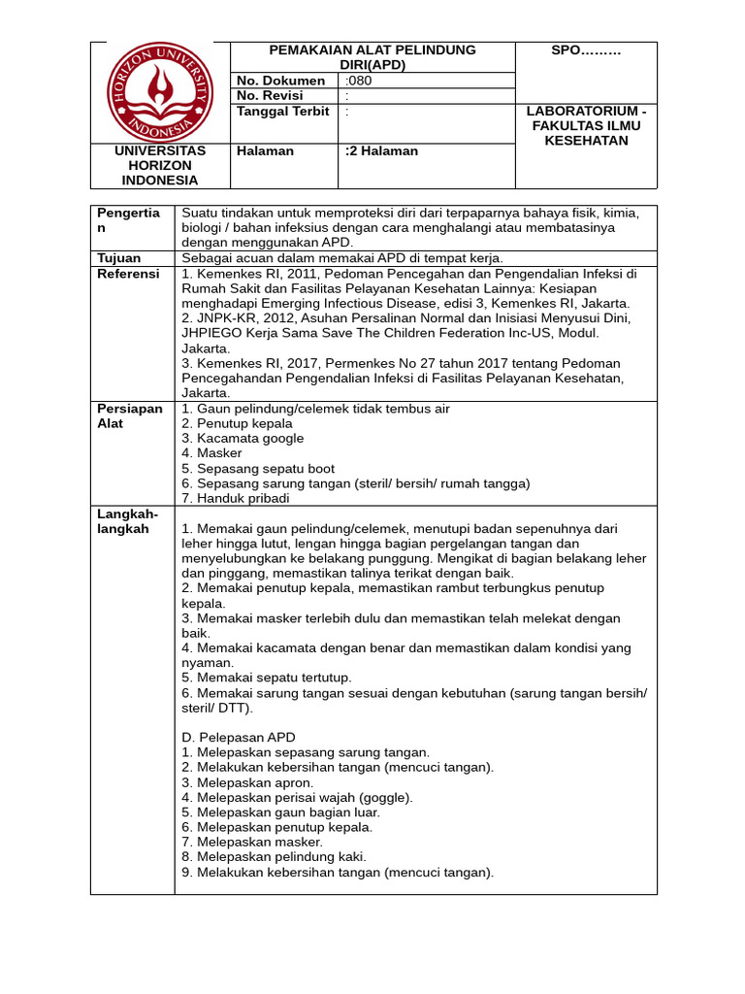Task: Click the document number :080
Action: (x=358, y=81)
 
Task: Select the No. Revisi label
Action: (x=270, y=96)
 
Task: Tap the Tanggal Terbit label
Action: (x=283, y=112)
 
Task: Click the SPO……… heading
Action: (x=586, y=50)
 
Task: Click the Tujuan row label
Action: (x=119, y=258)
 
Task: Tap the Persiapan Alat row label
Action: (x=130, y=416)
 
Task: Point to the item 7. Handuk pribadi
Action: (x=243, y=498)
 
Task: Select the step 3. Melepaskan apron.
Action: (x=247, y=782)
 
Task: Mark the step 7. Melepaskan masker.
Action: (x=252, y=843)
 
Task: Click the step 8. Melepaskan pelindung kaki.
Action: (x=274, y=857)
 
